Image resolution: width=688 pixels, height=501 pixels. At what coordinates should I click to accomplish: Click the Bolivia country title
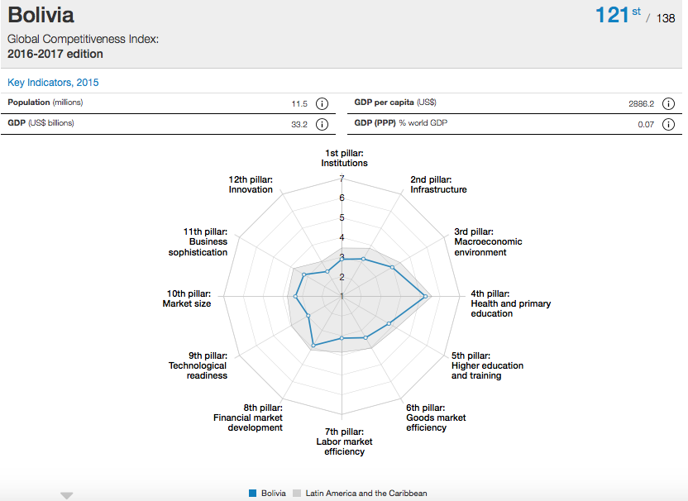click(x=41, y=15)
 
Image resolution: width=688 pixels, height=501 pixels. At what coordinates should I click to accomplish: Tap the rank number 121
click(x=612, y=15)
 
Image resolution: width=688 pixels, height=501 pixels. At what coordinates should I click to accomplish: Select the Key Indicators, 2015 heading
click(x=53, y=83)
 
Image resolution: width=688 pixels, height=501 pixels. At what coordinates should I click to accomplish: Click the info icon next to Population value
click(x=322, y=104)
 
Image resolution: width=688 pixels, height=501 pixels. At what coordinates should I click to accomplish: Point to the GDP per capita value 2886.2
click(x=641, y=104)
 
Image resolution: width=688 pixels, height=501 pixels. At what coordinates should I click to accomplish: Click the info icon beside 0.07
click(x=668, y=125)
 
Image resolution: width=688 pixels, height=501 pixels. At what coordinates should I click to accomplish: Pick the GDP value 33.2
click(x=299, y=125)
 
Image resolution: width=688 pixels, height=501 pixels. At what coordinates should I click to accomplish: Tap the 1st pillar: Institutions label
click(x=344, y=158)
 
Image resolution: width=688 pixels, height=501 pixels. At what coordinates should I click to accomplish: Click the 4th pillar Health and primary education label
click(x=510, y=303)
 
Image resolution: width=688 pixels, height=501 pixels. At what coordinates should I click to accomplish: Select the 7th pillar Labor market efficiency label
click(x=344, y=441)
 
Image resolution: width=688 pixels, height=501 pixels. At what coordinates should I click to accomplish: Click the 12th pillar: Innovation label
click(x=251, y=184)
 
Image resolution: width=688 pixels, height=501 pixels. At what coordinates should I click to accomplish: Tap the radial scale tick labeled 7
click(x=342, y=179)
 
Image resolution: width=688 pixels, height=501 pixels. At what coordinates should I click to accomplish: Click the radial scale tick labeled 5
click(x=342, y=217)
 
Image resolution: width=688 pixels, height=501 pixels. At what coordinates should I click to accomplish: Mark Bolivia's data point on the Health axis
click(x=425, y=296)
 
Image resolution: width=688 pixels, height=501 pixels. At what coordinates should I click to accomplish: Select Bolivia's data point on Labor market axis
click(x=342, y=338)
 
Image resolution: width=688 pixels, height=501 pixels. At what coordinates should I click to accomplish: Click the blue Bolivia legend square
click(x=252, y=494)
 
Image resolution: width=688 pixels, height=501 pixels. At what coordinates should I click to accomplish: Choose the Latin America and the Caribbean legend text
click(x=366, y=494)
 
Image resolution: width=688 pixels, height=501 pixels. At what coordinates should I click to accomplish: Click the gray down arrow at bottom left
click(x=67, y=495)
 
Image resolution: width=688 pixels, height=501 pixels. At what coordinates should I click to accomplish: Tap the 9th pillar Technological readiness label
click(x=198, y=365)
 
